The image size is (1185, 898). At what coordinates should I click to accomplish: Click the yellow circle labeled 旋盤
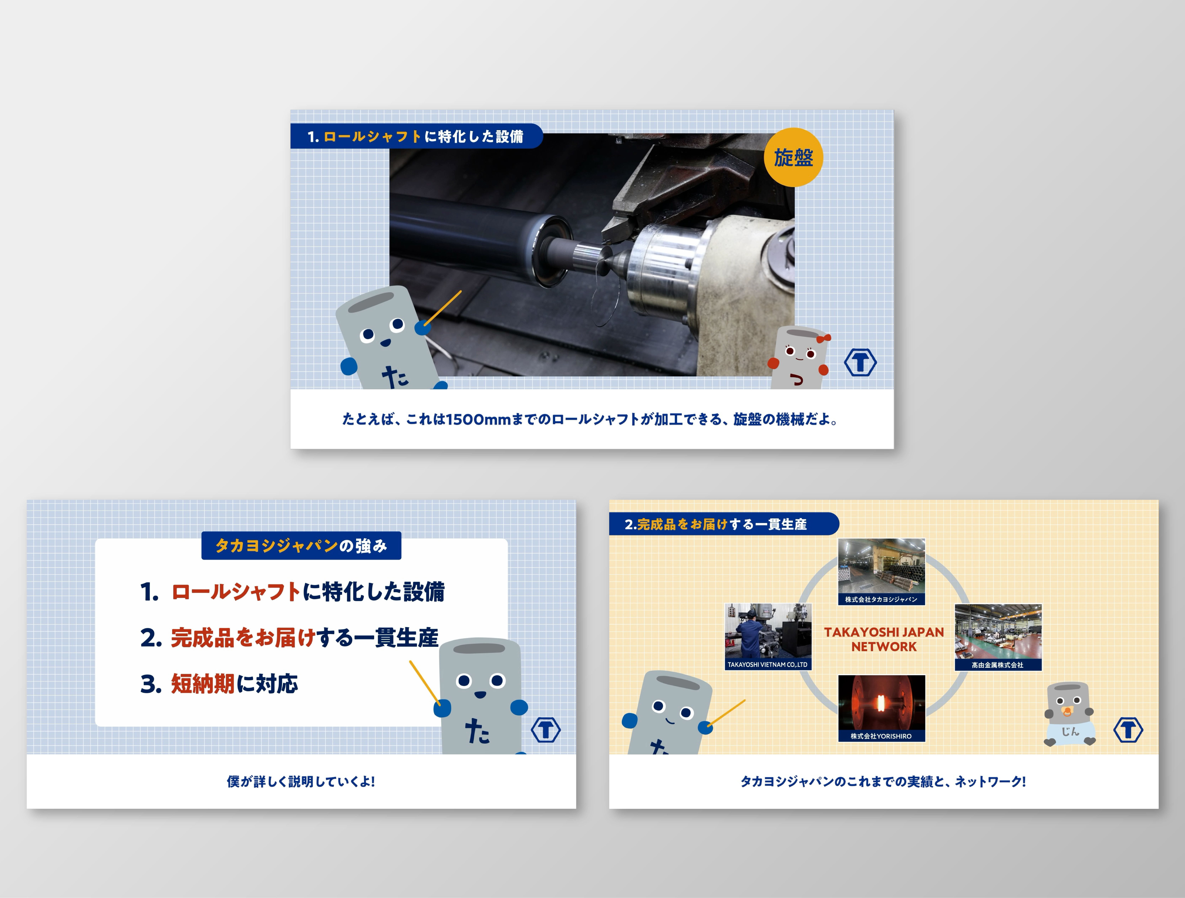pyautogui.click(x=793, y=157)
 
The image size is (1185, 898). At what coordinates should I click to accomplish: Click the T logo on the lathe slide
pyautogui.click(x=860, y=363)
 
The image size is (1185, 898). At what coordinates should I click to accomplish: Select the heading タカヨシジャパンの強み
pyautogui.click(x=301, y=546)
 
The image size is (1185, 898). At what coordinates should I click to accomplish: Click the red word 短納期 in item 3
pyautogui.click(x=202, y=684)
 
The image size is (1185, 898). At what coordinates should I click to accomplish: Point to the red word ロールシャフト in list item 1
pyautogui.click(x=235, y=592)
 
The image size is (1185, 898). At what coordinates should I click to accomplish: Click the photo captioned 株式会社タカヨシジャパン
pyautogui.click(x=882, y=571)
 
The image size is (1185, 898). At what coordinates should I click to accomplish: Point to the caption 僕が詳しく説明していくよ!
pyautogui.click(x=301, y=782)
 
